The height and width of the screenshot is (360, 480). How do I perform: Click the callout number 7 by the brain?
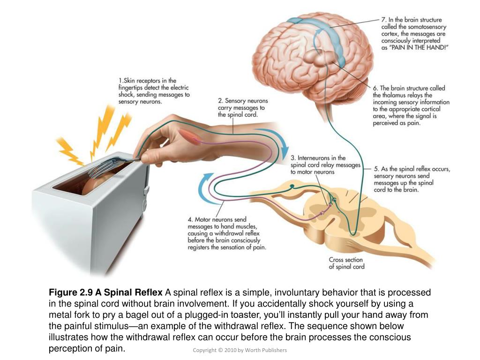(383, 20)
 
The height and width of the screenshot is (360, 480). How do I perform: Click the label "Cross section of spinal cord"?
(346, 263)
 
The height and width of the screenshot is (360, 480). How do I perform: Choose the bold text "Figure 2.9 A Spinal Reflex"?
(105, 292)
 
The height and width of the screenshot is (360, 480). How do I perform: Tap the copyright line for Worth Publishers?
(240, 350)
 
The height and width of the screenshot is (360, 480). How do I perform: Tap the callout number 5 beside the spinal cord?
(376, 168)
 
